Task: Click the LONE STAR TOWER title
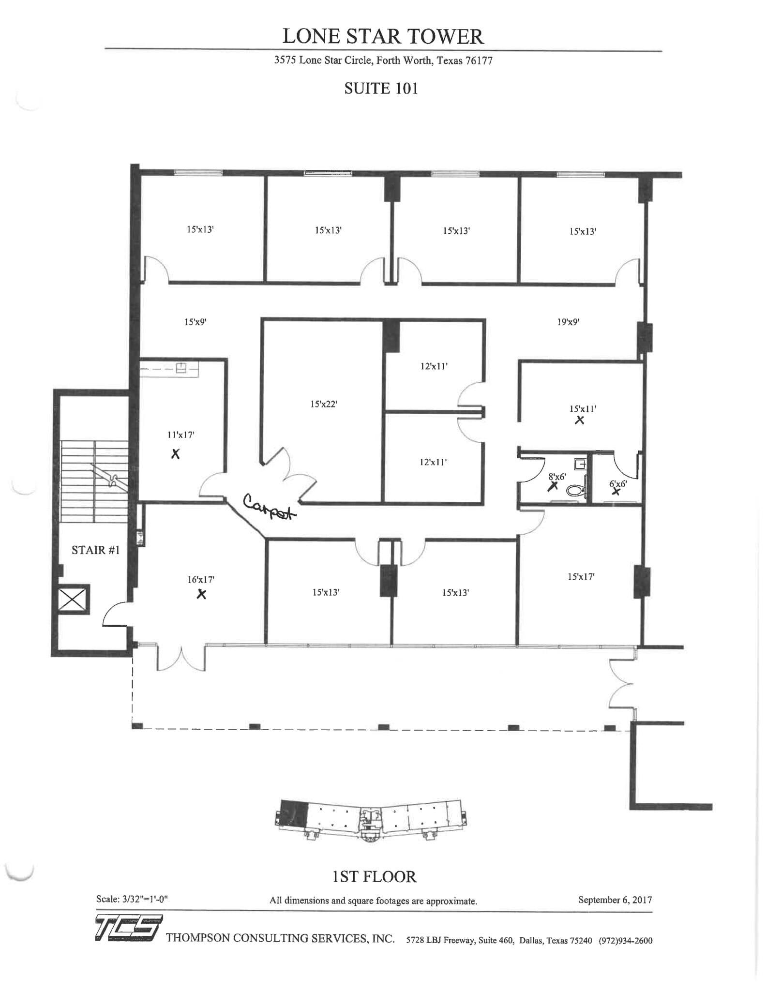click(383, 37)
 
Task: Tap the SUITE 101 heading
click(381, 89)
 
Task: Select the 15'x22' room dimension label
click(323, 404)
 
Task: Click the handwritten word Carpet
click(269, 508)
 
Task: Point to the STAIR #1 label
click(95, 550)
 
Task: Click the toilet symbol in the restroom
click(576, 490)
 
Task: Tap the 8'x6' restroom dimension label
click(557, 477)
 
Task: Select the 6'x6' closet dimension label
click(618, 483)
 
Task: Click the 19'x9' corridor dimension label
click(568, 322)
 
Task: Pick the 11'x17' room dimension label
click(180, 435)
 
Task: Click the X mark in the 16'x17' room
click(201, 594)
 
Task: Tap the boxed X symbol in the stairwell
click(73, 600)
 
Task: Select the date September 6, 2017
click(615, 900)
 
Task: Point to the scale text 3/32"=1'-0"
click(145, 900)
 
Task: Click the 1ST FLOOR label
click(374, 877)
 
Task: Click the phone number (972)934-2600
click(625, 941)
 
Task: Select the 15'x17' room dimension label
click(581, 577)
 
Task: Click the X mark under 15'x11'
click(579, 420)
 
